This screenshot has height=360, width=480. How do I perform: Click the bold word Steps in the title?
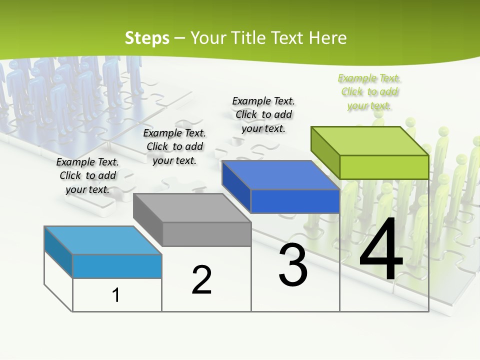(x=147, y=38)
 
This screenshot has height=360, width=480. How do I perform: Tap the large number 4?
(x=381, y=251)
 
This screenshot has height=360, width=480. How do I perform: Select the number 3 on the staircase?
(x=293, y=265)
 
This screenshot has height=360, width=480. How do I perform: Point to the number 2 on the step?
(x=201, y=280)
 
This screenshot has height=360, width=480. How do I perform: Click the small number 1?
(x=116, y=295)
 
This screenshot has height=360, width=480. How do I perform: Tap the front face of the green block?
(x=384, y=167)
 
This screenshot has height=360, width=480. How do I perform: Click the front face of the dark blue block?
(x=295, y=201)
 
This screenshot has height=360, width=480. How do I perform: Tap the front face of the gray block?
(x=206, y=234)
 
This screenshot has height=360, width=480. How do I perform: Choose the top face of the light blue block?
(x=103, y=240)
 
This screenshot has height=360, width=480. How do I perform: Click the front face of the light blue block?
(x=117, y=266)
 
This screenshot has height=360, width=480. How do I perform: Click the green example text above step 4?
(x=369, y=91)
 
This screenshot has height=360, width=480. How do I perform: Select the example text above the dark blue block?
(x=263, y=114)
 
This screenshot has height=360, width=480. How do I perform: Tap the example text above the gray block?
(x=174, y=146)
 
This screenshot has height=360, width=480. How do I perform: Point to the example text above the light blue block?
(x=87, y=175)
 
